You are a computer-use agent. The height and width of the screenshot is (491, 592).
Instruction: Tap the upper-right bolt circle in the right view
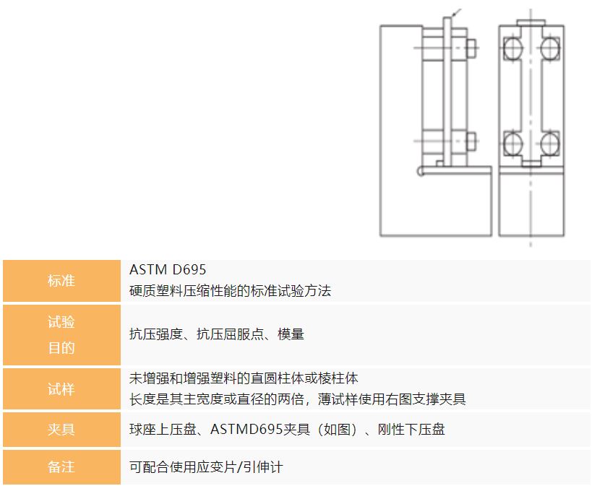[549, 48]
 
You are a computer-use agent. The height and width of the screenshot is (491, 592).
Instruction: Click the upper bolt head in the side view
[471, 48]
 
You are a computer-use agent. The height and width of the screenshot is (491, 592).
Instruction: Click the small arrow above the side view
[455, 12]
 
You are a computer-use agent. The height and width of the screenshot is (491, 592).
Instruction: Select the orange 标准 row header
[61, 281]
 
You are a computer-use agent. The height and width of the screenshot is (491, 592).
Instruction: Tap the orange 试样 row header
[61, 389]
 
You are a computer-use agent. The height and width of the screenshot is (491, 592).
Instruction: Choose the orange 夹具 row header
[61, 430]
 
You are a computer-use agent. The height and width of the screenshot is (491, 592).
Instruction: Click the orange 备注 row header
[61, 467]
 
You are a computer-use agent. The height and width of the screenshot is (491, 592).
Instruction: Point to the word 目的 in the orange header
[61, 348]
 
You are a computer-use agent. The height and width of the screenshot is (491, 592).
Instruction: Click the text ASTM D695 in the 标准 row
[168, 270]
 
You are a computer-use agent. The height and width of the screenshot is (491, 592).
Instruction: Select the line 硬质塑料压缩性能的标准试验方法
[230, 291]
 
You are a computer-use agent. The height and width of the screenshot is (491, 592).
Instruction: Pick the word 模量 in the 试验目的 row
[291, 334]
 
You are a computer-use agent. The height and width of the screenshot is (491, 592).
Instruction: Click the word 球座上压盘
[160, 430]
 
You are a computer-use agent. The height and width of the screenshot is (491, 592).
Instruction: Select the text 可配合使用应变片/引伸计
[206, 467]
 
